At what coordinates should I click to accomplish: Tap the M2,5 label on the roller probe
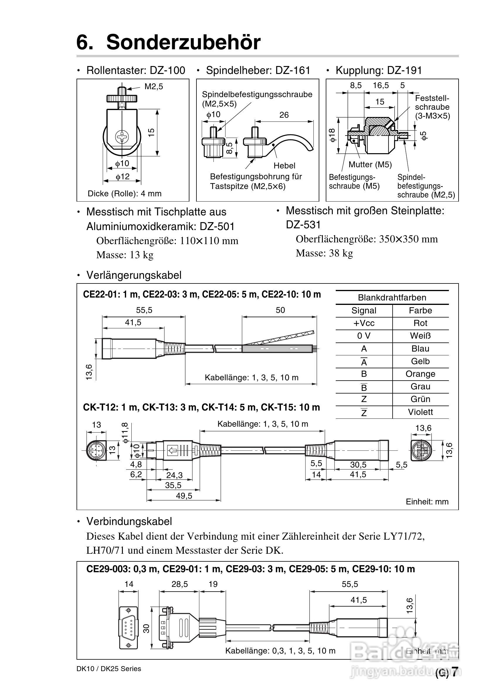click(x=154, y=87)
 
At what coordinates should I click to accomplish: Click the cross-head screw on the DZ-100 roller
click(x=122, y=137)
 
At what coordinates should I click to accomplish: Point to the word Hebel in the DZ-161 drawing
click(x=284, y=166)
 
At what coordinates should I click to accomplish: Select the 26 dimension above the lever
click(x=284, y=115)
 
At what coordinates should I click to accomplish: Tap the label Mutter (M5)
click(x=370, y=165)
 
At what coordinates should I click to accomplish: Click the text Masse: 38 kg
click(x=324, y=253)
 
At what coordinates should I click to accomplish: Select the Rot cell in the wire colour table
click(x=420, y=323)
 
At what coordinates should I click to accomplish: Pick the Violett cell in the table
click(x=420, y=412)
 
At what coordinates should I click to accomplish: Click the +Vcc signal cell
click(x=364, y=323)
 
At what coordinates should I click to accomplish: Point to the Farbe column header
click(x=420, y=310)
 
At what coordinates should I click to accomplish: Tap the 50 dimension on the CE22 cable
click(x=280, y=310)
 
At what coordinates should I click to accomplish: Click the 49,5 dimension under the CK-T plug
click(x=184, y=496)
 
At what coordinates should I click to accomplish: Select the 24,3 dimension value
click(x=174, y=475)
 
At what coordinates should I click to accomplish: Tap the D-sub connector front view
click(x=128, y=628)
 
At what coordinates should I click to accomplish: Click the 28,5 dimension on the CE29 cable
click(x=179, y=584)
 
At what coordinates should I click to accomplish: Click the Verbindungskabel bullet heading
click(x=129, y=521)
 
